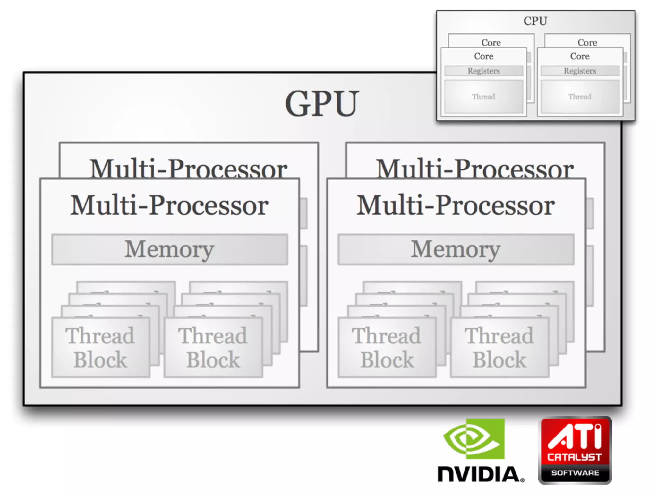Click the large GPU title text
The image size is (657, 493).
(322, 103)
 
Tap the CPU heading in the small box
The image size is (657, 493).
(535, 21)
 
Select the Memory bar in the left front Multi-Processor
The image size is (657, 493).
(169, 249)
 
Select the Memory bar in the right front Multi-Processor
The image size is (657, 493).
(456, 249)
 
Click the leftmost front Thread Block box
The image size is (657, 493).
(100, 347)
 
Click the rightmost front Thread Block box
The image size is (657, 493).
(499, 347)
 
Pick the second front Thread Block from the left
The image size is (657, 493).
(213, 347)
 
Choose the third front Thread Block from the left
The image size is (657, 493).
(387, 347)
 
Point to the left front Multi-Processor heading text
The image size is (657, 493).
(169, 205)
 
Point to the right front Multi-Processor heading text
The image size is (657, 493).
(456, 205)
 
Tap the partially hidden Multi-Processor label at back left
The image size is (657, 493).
(189, 168)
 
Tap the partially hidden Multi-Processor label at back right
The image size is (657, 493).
(475, 168)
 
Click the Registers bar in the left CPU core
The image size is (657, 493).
(483, 71)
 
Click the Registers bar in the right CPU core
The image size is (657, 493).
(580, 71)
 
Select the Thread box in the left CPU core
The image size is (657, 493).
(483, 97)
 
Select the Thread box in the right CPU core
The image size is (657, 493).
(580, 97)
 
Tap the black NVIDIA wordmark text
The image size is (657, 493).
(480, 474)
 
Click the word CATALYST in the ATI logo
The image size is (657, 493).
(574, 457)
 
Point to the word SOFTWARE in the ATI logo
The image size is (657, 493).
(575, 473)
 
